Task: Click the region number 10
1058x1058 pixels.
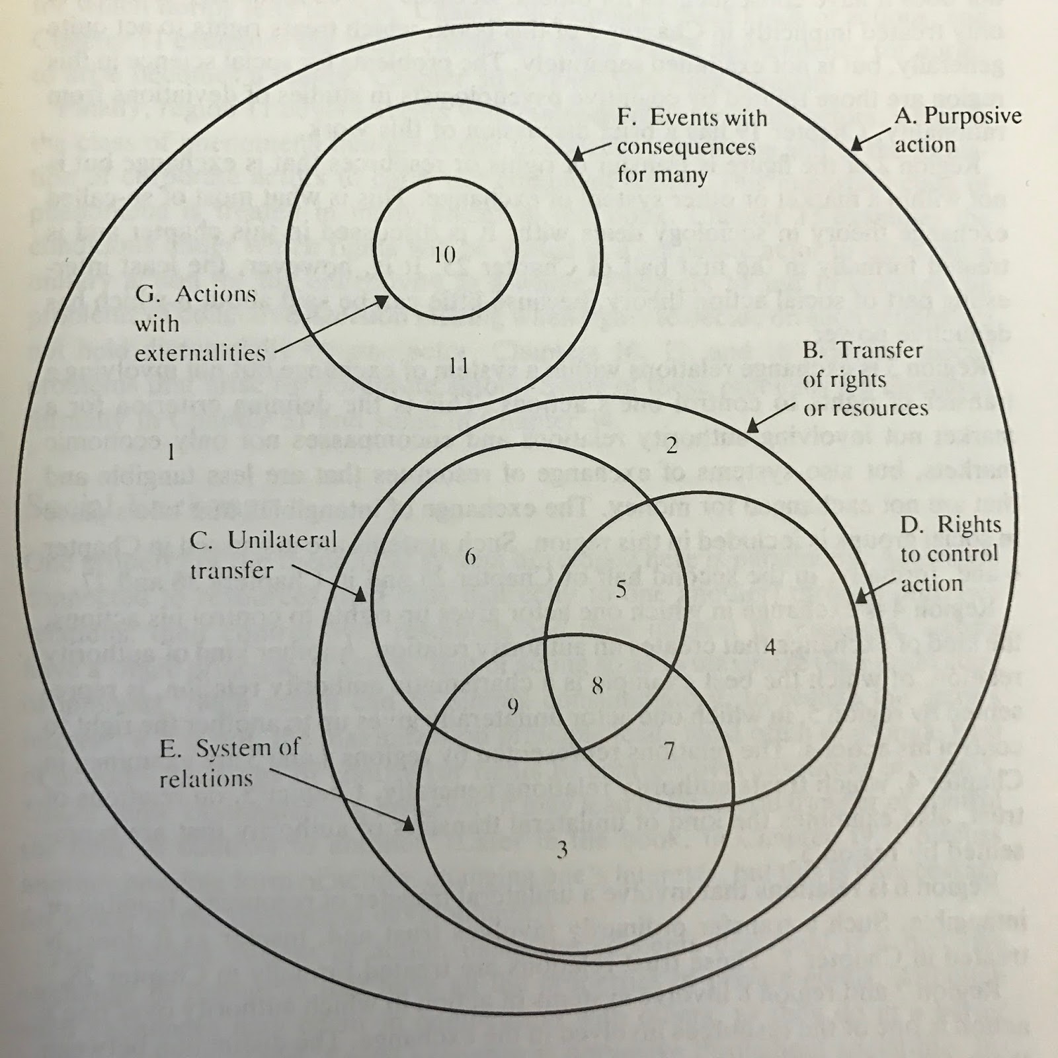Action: pos(445,254)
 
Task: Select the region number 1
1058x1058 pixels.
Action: pos(171,453)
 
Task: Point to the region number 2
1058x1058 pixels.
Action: pos(671,446)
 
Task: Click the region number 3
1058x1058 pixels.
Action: pos(561,849)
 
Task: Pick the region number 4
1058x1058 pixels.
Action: pos(769,646)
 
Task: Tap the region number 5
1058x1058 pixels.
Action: pos(620,589)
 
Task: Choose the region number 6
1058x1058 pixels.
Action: pos(470,556)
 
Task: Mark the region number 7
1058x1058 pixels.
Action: pos(669,751)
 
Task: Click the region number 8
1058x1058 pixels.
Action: pos(597,686)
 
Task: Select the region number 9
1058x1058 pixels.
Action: pos(512,707)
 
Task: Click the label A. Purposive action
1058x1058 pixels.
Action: pos(957,130)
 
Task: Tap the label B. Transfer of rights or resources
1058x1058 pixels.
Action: pos(865,379)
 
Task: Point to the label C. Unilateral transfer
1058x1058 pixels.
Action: pos(263,555)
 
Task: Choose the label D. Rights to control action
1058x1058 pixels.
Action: pos(950,553)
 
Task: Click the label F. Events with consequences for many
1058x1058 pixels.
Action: pos(692,146)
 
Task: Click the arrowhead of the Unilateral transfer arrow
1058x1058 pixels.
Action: pos(360,595)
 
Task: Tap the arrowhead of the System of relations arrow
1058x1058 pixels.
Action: pos(409,824)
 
